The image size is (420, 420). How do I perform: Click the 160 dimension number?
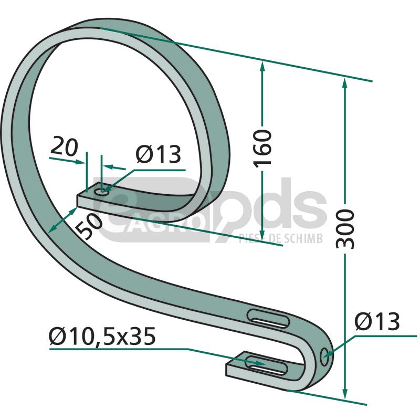(x=262, y=149)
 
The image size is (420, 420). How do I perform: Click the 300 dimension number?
(x=345, y=229)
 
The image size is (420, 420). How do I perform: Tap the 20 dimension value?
(x=64, y=146)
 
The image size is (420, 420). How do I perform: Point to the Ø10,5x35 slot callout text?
(x=102, y=337)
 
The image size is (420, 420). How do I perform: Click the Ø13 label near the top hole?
(x=159, y=154)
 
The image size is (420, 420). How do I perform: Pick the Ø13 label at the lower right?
(x=377, y=321)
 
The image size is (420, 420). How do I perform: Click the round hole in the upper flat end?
(x=102, y=192)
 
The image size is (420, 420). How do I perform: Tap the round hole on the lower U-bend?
(x=324, y=357)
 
